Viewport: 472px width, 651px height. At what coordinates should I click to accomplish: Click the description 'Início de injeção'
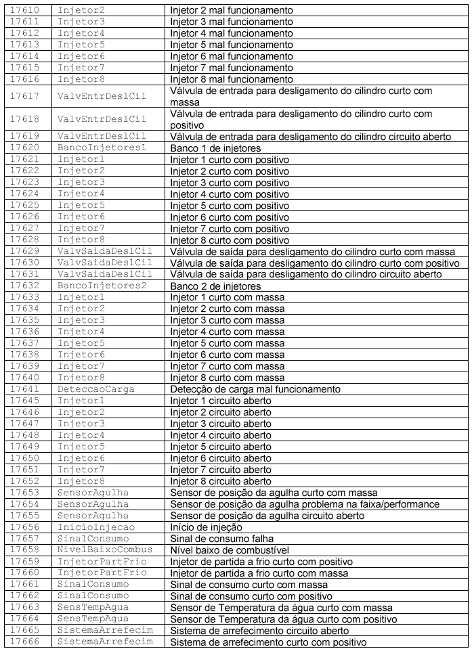207,527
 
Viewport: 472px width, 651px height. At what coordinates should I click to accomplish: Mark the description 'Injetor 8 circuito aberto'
221,481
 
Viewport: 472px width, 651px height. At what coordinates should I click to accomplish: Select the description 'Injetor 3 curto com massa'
228,320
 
